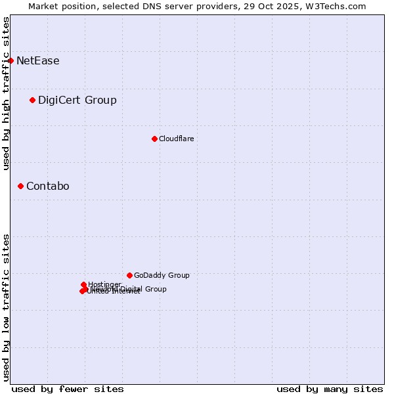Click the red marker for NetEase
pos(11,61)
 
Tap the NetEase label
pos(38,61)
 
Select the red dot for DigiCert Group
pos(32,100)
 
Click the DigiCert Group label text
pos(77,100)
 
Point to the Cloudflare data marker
pos(154,139)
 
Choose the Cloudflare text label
pos(177,139)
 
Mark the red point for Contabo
pos(20,186)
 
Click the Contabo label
pos(48,186)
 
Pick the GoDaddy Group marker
pos(129,275)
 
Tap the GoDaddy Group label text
pos(162,275)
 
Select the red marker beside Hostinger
pos(83,284)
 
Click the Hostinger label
pos(105,284)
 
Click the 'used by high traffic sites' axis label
pos(6,93)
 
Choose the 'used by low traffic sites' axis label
pos(6,307)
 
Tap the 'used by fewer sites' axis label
pos(68,389)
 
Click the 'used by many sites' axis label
pos(330,389)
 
